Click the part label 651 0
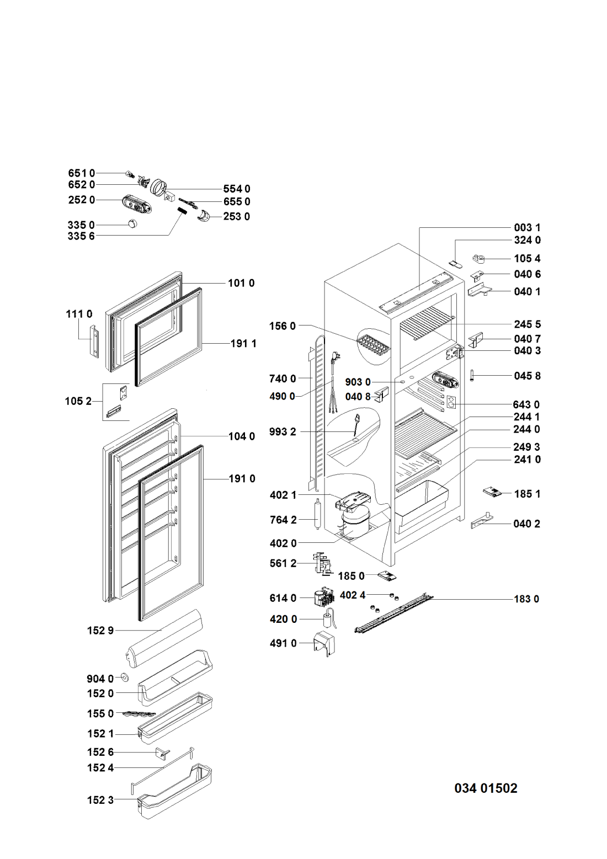click(81, 173)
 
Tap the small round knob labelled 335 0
click(132, 223)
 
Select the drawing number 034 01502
click(486, 788)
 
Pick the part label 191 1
click(243, 343)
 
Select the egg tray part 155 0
click(139, 713)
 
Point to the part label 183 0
click(526, 599)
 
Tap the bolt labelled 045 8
click(472, 375)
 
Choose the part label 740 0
click(283, 378)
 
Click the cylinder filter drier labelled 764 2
click(318, 514)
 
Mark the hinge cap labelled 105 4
click(480, 259)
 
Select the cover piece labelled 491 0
click(324, 644)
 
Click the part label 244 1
click(527, 417)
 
